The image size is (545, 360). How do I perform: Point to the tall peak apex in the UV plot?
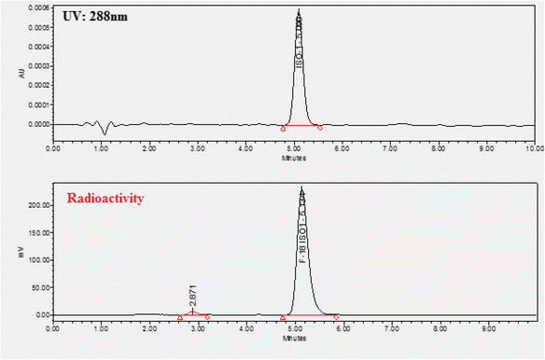point(299,11)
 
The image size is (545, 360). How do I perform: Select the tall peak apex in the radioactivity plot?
point(301,187)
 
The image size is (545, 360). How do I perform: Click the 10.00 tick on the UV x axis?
point(531,147)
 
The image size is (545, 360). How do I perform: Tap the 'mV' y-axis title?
point(9,251)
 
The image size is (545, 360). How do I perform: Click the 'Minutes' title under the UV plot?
point(292,157)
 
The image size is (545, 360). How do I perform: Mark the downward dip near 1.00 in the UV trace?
point(105,132)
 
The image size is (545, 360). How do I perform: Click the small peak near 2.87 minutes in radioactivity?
point(192,312)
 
